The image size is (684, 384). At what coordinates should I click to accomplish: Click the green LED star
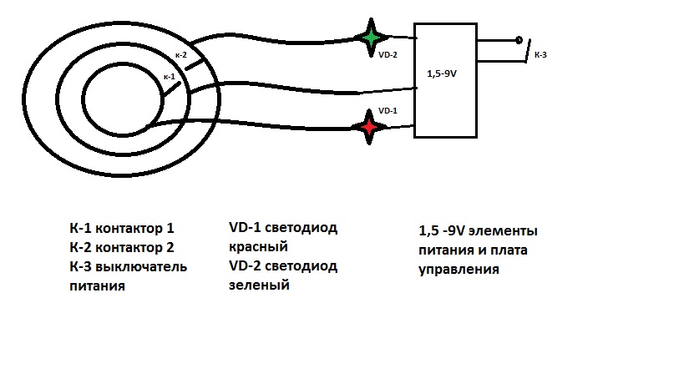pos(371,38)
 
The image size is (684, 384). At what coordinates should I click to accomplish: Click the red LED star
pos(369,127)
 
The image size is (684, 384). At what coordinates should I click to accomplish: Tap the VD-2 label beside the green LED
pos(388,55)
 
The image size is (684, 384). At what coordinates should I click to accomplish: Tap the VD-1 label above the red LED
pos(388,111)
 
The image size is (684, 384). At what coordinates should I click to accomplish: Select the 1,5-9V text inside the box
pos(442,73)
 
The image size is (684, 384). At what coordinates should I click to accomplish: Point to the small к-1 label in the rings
pos(170,77)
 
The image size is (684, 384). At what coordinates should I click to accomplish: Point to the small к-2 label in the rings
pos(181,55)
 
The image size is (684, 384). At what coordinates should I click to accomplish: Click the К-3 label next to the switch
pos(540,55)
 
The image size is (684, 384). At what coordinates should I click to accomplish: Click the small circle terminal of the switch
pos(519,40)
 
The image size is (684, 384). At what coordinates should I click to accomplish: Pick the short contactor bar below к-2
pos(195,63)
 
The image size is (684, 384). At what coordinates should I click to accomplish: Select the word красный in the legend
pos(258,247)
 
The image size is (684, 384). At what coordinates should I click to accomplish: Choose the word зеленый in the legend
pos(259,285)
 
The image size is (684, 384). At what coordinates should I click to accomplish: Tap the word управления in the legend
pos(459,270)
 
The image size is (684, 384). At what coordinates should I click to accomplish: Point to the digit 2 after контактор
pos(170,248)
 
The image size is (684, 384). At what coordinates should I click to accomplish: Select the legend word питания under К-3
pos(97,286)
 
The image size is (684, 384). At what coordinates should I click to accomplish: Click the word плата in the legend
pos(509,250)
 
